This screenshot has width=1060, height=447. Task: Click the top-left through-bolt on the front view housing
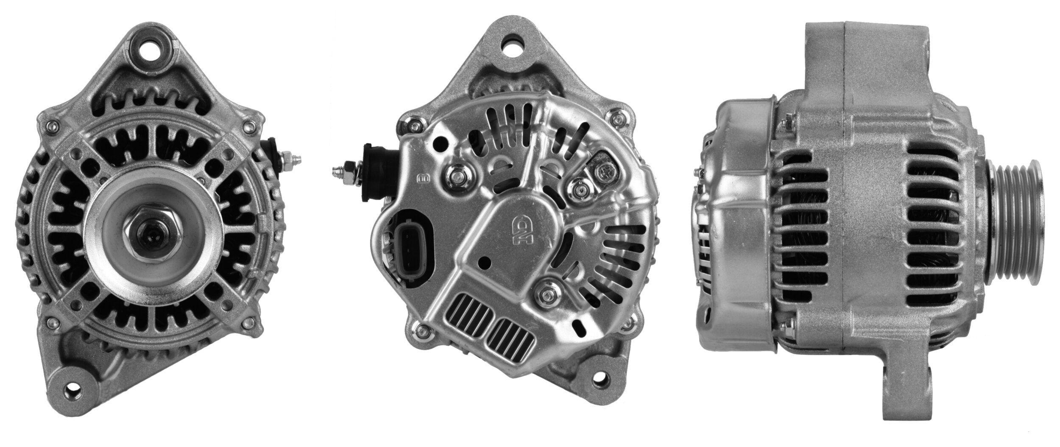[54, 126]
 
